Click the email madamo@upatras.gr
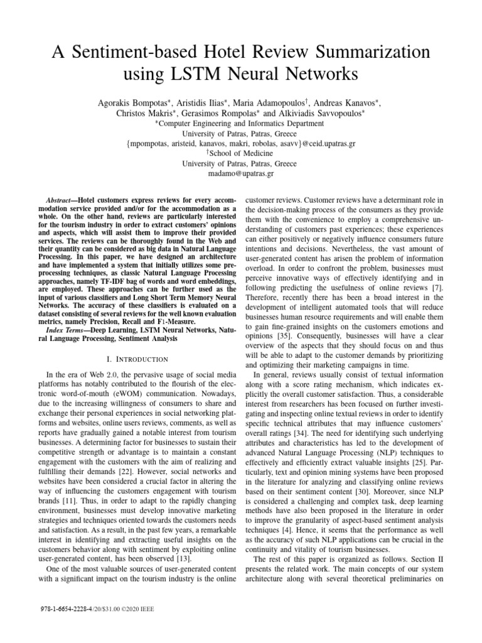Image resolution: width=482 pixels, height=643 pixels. pyautogui.click(x=241, y=173)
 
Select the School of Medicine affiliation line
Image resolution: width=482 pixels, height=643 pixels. pyautogui.click(x=242, y=153)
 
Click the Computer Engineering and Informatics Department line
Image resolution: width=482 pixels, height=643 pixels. pyautogui.click(x=242, y=123)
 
